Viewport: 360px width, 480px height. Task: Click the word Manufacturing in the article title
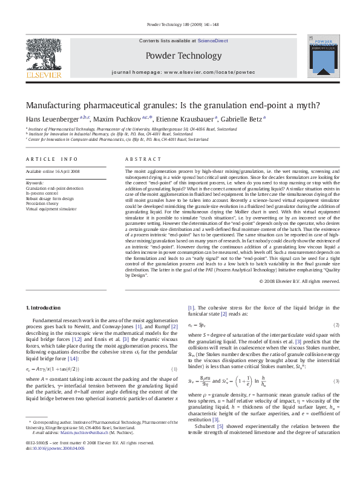59,103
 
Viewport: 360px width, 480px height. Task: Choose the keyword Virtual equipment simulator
51,209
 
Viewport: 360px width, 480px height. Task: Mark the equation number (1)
174,369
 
